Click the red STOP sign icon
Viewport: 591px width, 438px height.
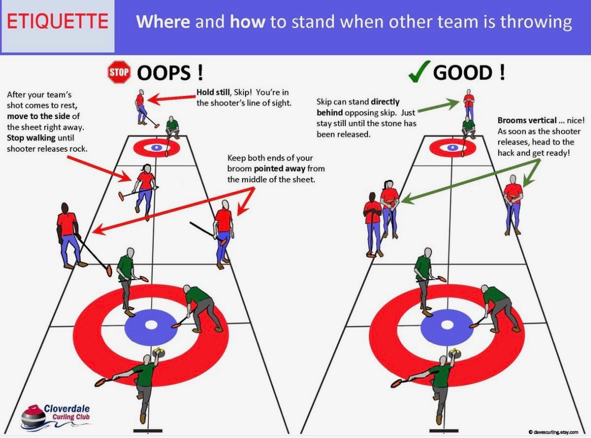point(119,72)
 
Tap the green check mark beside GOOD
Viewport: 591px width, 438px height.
point(419,72)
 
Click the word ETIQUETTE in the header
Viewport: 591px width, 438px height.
point(58,22)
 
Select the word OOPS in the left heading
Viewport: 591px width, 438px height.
point(163,73)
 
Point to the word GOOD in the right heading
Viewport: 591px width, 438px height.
point(463,73)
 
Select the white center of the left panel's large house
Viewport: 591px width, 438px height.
point(151,324)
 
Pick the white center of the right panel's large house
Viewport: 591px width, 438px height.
point(447,324)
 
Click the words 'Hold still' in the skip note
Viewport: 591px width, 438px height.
point(213,92)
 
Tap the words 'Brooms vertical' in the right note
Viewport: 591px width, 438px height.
point(527,121)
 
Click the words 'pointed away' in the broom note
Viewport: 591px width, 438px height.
point(279,169)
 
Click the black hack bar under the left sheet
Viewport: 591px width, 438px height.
point(148,430)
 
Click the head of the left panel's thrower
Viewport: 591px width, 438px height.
point(146,359)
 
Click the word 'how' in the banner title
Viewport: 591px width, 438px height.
point(247,22)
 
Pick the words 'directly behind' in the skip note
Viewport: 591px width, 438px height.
point(358,107)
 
